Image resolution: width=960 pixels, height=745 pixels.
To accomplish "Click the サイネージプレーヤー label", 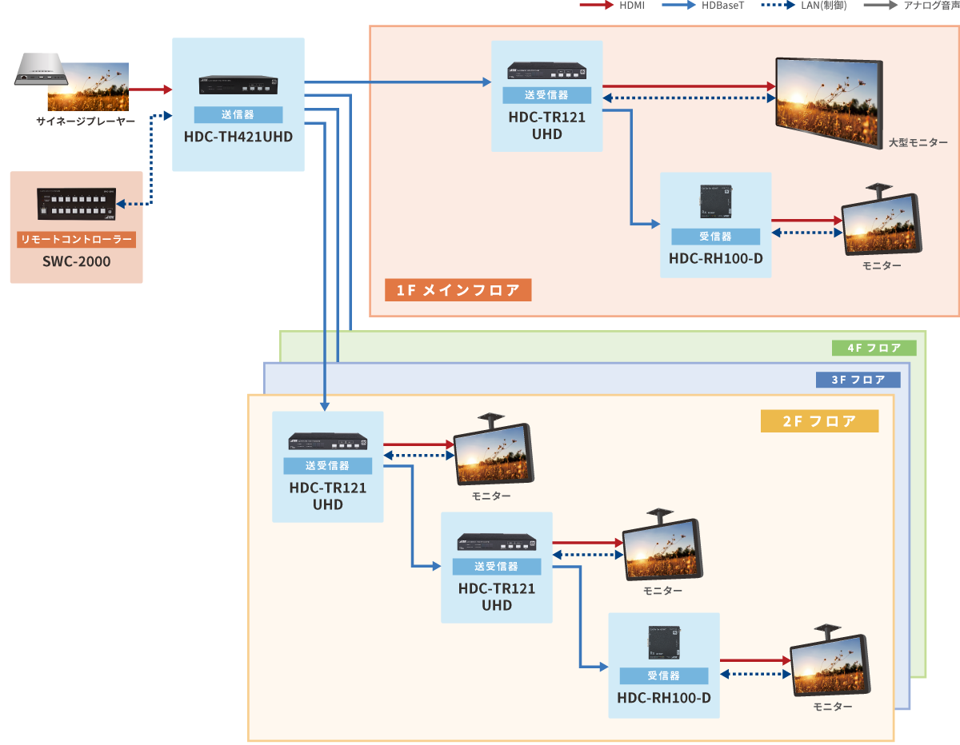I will tap(86, 122).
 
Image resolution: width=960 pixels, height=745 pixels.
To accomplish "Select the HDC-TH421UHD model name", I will tap(238, 137).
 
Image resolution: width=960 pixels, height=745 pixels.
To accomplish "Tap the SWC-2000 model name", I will tap(77, 261).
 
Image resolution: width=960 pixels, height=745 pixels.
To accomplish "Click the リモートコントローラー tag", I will tap(77, 239).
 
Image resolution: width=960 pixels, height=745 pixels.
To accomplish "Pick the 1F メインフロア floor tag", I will tap(458, 289).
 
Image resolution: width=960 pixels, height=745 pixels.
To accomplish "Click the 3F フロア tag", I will tap(858, 380).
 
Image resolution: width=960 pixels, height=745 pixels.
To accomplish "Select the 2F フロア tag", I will tap(819, 420).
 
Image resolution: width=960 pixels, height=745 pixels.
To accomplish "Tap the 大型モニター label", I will tap(918, 142).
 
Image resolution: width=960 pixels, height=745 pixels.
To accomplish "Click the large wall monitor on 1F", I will tap(827, 94).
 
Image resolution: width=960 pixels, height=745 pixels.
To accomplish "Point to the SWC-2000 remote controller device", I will tap(77, 204).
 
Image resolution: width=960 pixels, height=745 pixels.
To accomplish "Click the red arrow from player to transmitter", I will tap(150, 90).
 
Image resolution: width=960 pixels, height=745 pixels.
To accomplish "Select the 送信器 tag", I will tap(238, 114).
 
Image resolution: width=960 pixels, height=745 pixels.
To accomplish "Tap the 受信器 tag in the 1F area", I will tap(715, 237).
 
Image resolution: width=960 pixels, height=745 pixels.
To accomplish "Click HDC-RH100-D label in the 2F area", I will tap(664, 698).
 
